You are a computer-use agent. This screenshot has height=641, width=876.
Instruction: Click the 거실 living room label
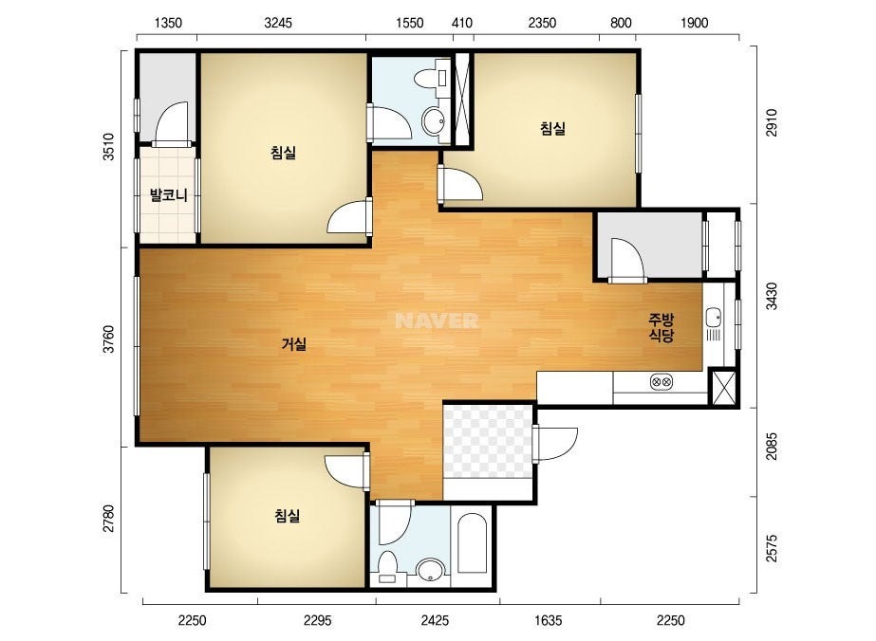[294, 344]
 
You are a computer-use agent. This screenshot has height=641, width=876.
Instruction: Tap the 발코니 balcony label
[168, 195]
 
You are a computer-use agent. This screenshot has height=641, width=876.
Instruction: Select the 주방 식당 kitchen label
[661, 327]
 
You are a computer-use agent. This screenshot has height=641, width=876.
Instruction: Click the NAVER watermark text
[437, 320]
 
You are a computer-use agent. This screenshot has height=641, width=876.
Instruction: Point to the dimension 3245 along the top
[278, 23]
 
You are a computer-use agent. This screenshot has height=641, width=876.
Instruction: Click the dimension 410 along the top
[461, 23]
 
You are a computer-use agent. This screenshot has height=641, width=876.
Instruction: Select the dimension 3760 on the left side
[108, 339]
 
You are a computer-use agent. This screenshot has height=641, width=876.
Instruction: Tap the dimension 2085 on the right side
[771, 446]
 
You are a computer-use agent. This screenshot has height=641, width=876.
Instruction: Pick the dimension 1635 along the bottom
[548, 620]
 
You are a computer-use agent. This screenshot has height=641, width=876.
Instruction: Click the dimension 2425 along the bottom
[435, 620]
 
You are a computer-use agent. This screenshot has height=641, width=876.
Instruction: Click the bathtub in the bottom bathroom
[472, 543]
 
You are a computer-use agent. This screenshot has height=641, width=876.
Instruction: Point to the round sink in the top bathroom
[434, 119]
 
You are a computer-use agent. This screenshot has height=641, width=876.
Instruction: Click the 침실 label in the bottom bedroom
[288, 515]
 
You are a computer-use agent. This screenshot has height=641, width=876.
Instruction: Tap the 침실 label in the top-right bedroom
[552, 128]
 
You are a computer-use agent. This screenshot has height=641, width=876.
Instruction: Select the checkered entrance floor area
[487, 442]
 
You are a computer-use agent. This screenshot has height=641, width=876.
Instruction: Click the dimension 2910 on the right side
[771, 122]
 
